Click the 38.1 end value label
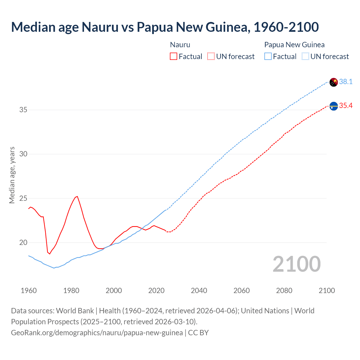[x=346, y=82]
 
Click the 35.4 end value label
[x=346, y=105]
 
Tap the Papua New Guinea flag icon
[x=334, y=82]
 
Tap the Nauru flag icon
[x=334, y=106]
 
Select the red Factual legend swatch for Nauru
[x=174, y=56]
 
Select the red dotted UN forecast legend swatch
[x=211, y=56]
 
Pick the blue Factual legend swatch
[x=268, y=56]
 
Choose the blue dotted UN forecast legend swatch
[x=305, y=56]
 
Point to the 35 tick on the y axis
[x=23, y=110]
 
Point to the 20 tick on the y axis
[x=23, y=242]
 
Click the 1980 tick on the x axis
[x=71, y=291]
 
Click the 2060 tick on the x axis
[x=242, y=291]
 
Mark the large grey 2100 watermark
[x=296, y=264]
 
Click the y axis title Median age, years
[x=12, y=175]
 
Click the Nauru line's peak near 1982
[x=77, y=196]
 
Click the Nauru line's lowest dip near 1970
[x=49, y=254]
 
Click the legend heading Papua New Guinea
[x=294, y=45]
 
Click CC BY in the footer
[x=198, y=332]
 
